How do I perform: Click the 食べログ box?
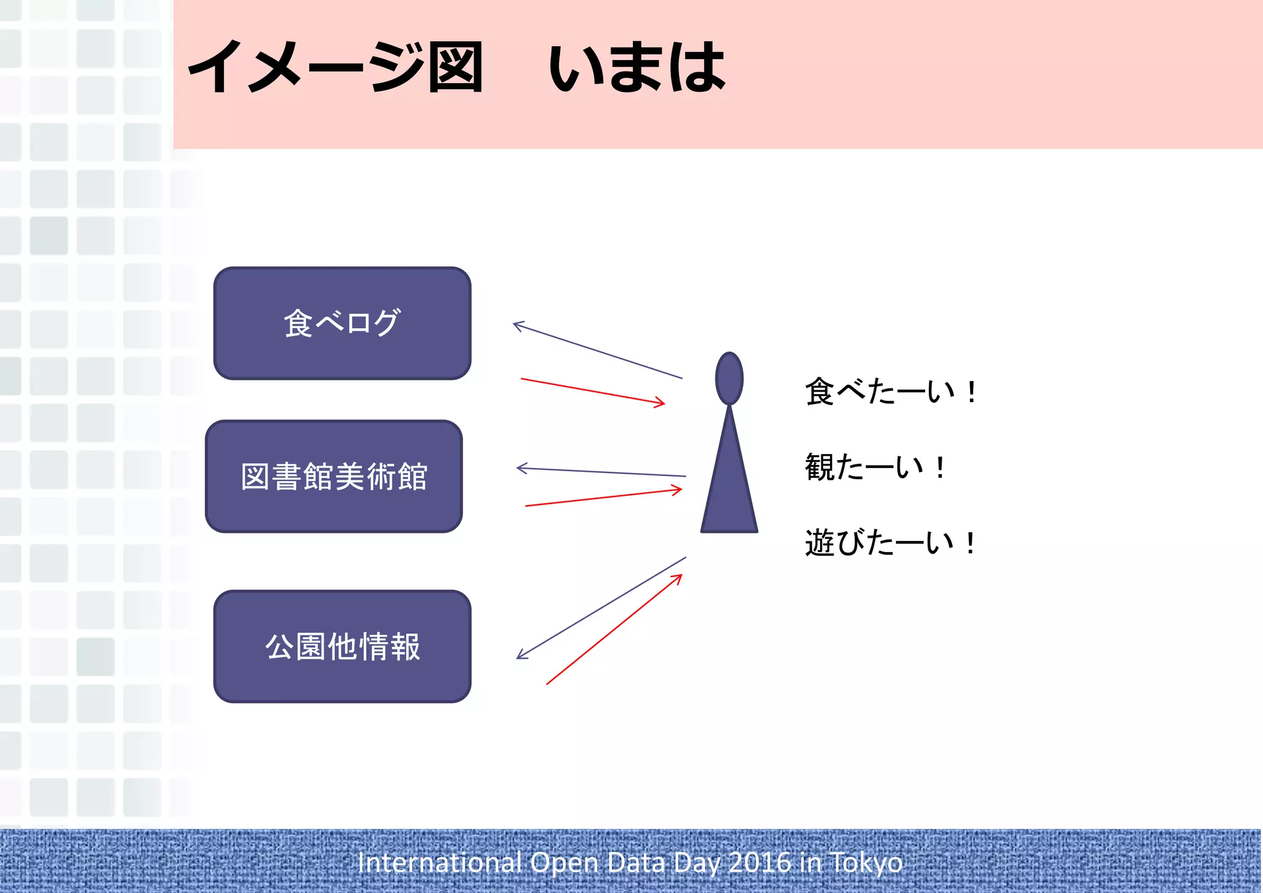[342, 323]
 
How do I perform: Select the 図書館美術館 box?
[334, 476]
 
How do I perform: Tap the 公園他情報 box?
[342, 646]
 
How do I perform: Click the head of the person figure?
[729, 379]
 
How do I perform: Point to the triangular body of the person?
[729, 487]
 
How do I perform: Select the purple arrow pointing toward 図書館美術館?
[601, 472]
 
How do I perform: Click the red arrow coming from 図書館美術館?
[603, 498]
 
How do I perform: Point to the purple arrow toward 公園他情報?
[601, 608]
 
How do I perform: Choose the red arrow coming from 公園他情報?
[614, 629]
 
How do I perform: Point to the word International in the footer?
[440, 862]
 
